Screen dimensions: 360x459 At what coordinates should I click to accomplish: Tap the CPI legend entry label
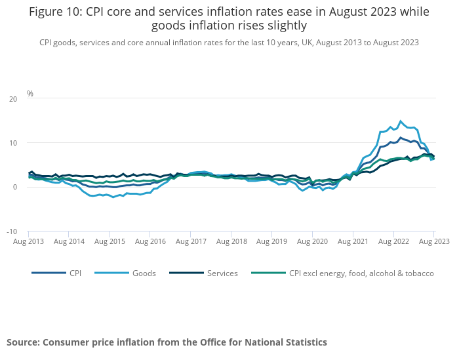pyautogui.click(x=75, y=273)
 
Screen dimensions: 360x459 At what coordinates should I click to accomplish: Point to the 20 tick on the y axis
pyautogui.click(x=13, y=99)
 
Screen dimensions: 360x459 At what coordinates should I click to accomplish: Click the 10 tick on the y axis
pyautogui.click(x=13, y=143)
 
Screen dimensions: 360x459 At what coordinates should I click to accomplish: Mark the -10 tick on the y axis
pyautogui.click(x=12, y=231)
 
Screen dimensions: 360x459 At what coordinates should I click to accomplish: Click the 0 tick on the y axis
pyautogui.click(x=15, y=188)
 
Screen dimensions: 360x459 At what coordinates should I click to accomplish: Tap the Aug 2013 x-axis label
pyautogui.click(x=28, y=241)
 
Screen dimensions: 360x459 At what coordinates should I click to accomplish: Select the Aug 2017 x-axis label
pyautogui.click(x=190, y=241)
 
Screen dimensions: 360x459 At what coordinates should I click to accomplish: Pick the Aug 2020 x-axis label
pyautogui.click(x=311, y=241)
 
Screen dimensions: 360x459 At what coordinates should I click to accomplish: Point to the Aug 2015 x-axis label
pyautogui.click(x=110, y=241)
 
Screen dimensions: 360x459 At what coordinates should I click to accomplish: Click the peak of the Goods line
pyautogui.click(x=401, y=121)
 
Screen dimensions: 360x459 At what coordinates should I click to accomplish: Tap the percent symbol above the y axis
pyautogui.click(x=30, y=94)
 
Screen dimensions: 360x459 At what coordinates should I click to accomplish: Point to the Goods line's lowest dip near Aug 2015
pyautogui.click(x=113, y=197)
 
